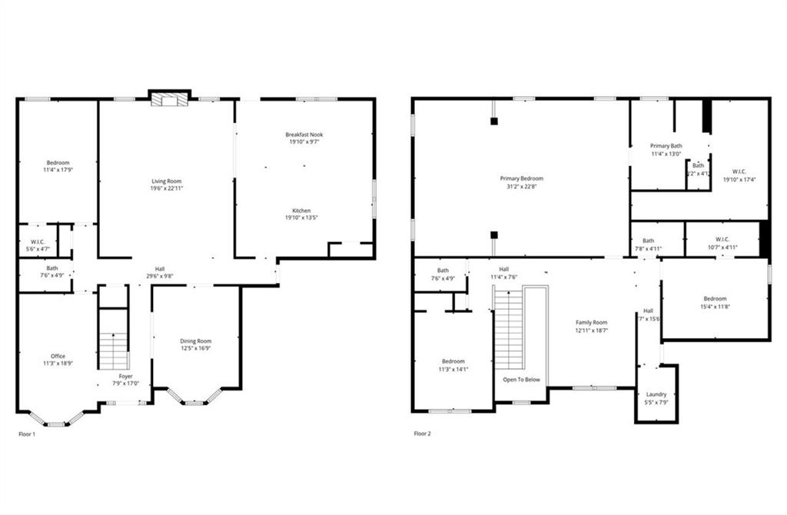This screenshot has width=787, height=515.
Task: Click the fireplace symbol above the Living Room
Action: coord(169,101)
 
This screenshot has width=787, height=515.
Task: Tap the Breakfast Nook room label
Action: coord(306,135)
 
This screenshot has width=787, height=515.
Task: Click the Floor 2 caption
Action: coord(423,434)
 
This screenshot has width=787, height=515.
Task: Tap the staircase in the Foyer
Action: coord(114,350)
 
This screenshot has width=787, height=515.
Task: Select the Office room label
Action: coord(58,356)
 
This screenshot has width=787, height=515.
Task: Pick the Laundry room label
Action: coord(656,394)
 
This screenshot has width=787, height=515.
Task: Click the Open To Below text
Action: coord(521,380)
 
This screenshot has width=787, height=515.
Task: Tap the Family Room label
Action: coord(592,323)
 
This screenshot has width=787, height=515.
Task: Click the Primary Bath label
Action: coord(666,146)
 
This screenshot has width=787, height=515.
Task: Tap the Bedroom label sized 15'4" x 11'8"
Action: coord(714,299)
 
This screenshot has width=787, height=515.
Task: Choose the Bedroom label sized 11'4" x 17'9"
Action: coord(58,163)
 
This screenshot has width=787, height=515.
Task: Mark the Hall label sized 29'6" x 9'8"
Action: coord(160,268)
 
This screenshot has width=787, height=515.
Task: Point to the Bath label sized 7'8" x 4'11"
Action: coord(649,241)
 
